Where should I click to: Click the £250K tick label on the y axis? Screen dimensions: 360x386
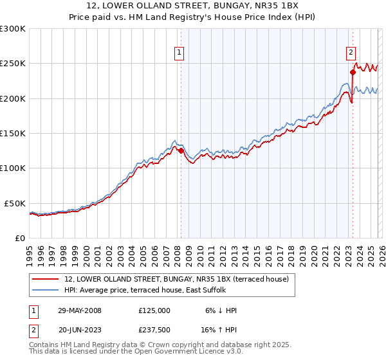pyautogui.click(x=13, y=64)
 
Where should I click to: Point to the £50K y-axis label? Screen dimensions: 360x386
pyautogui.click(x=15, y=203)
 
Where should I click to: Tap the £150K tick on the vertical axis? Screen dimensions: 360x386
pyautogui.click(x=13, y=134)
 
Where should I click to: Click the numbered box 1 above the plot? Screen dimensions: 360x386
pyautogui.click(x=178, y=53)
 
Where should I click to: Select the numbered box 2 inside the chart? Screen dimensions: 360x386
pyautogui.click(x=351, y=53)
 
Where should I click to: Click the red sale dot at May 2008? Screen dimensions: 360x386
pyautogui.click(x=181, y=151)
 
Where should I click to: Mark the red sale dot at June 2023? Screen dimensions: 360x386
pyautogui.click(x=353, y=72)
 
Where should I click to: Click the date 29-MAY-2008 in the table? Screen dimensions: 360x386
pyautogui.click(x=79, y=310)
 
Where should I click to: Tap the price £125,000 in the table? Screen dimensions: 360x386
pyautogui.click(x=154, y=310)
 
